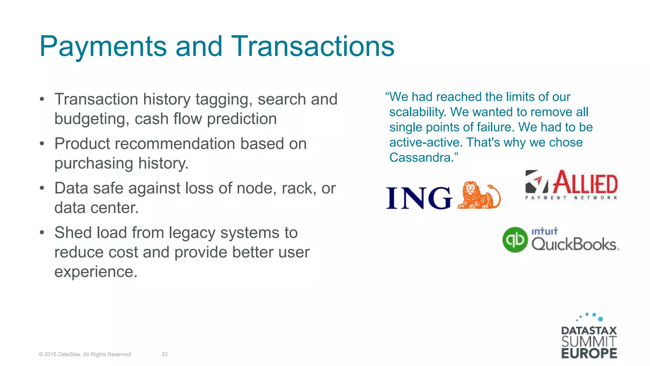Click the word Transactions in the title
pos(313,47)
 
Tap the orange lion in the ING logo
pos(479,195)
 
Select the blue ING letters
pos(419,198)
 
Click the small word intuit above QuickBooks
pos(544,231)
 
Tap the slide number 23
pos(164,354)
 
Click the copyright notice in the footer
pos(85,354)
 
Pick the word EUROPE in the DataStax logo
pos(589,353)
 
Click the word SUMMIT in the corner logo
pos(589,342)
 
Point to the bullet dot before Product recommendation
pos(42,144)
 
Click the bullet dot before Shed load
pos(42,233)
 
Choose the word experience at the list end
pos(96,272)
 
